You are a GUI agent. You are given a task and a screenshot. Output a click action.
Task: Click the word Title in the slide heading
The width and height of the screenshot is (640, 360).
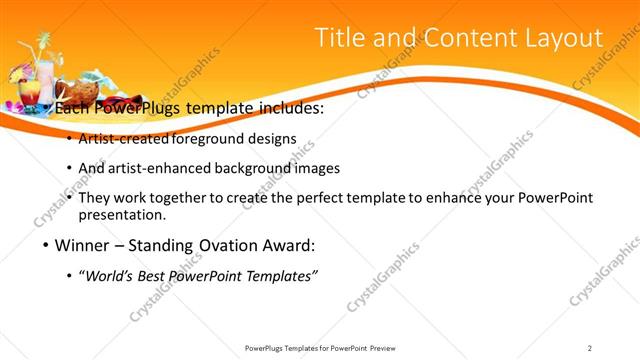pyautogui.click(x=340, y=38)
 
